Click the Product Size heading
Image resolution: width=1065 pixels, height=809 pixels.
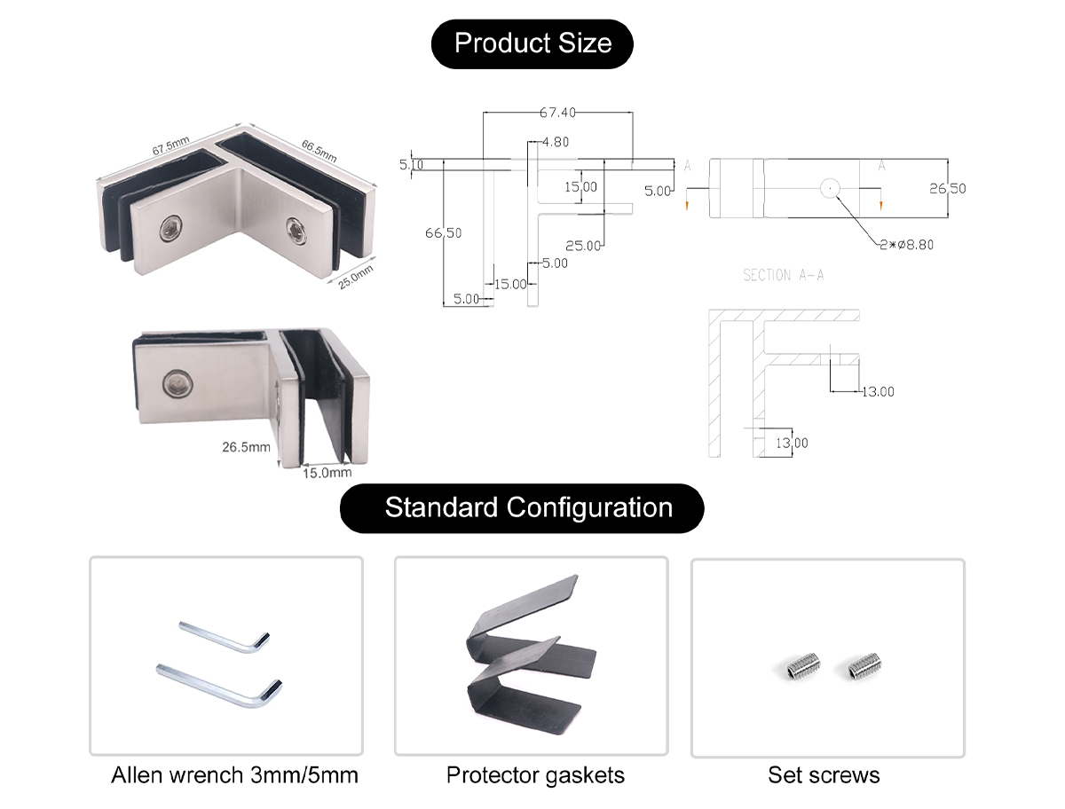tap(532, 43)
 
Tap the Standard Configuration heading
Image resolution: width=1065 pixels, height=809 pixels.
tap(528, 508)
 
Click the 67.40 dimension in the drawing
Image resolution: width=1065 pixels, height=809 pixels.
tap(557, 113)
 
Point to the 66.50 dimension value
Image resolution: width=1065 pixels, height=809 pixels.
tap(443, 233)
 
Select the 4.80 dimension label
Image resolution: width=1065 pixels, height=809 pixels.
tap(555, 142)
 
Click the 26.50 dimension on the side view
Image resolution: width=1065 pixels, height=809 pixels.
tap(947, 188)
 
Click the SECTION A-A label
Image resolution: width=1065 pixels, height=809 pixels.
tap(783, 276)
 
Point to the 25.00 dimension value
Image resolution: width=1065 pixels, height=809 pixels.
tap(583, 246)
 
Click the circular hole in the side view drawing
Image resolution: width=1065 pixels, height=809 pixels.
tap(830, 188)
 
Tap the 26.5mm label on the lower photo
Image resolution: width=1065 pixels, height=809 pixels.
tap(246, 447)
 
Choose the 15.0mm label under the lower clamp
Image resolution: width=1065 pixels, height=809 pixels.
tap(327, 474)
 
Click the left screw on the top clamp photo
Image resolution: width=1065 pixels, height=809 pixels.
tap(169, 232)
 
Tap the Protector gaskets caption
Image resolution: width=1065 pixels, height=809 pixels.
tap(535, 775)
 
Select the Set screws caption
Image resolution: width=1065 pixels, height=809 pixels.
tap(824, 775)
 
